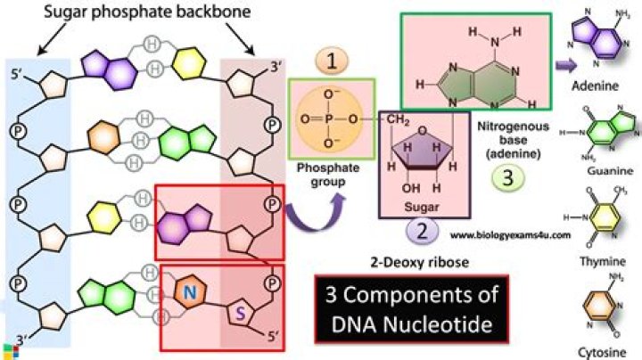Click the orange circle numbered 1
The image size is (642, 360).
click(331, 60)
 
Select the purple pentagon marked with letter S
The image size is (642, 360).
click(239, 311)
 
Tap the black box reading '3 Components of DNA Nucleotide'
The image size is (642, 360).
click(412, 307)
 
